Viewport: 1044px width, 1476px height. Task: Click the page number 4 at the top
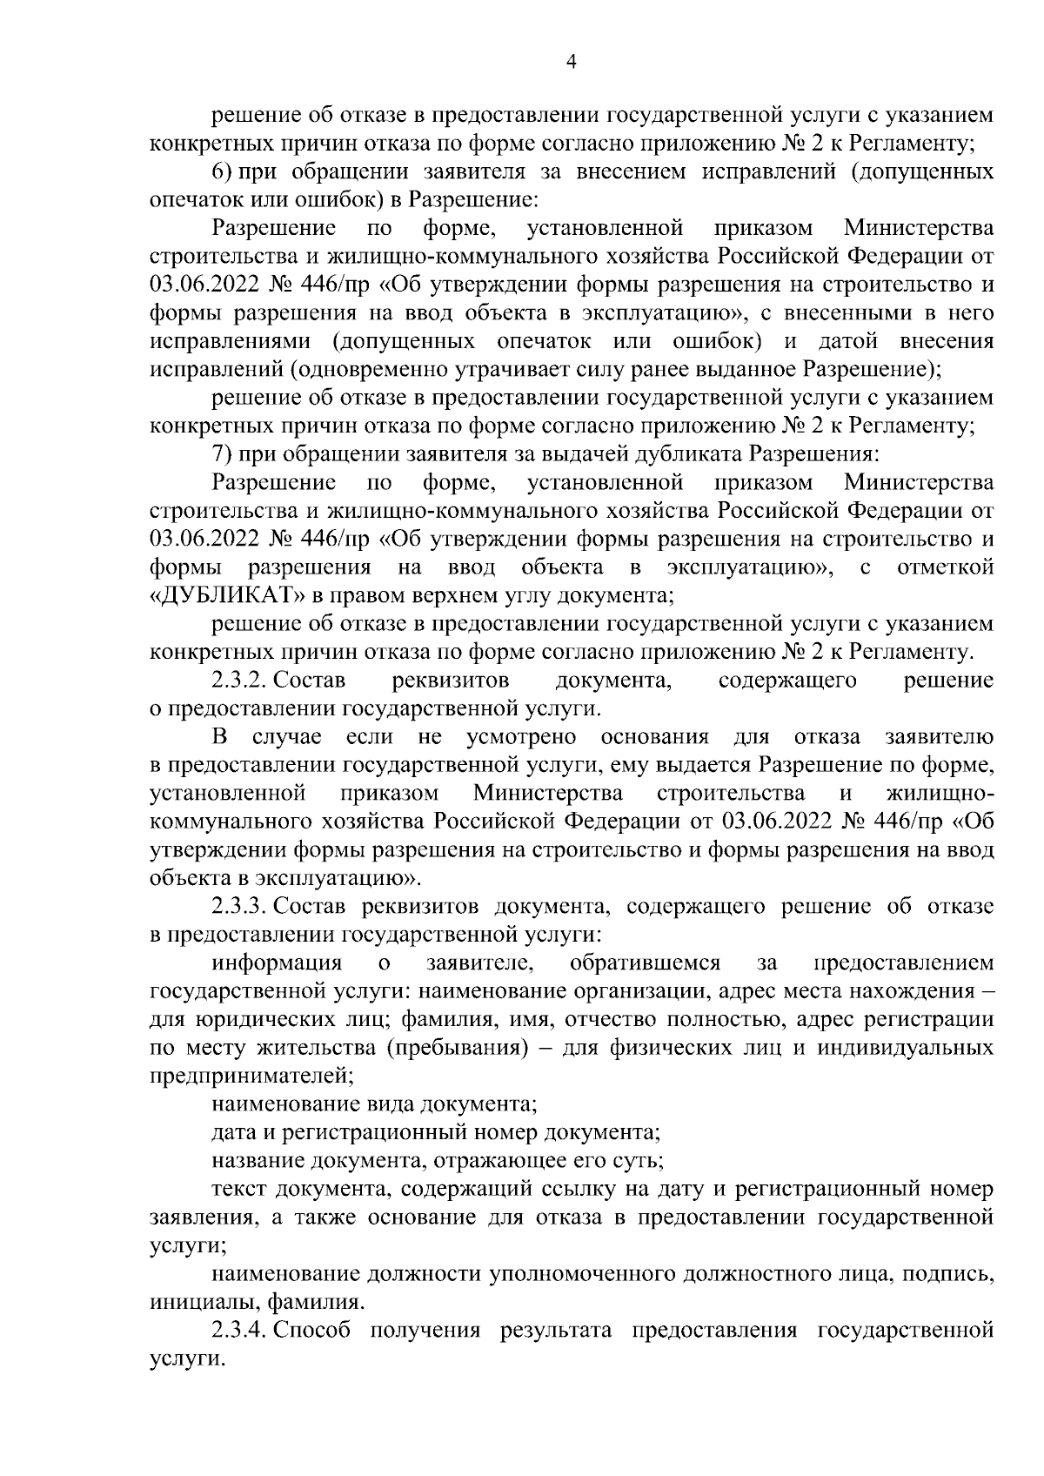571,60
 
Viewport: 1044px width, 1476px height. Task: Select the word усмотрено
521,737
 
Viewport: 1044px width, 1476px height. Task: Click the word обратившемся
645,963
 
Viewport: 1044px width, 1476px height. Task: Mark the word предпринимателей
251,1076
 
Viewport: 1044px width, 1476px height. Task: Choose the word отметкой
945,567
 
